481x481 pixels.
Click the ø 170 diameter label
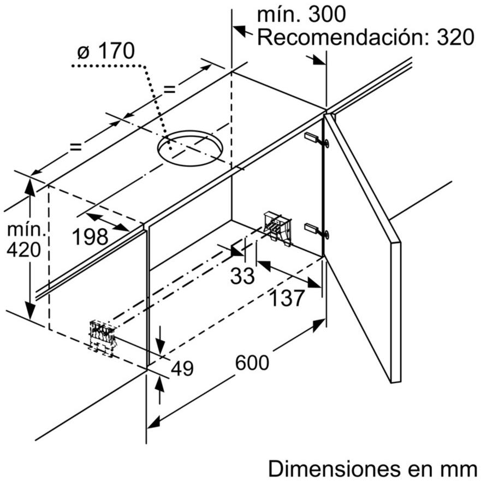click(105, 52)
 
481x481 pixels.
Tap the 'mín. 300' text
click(301, 15)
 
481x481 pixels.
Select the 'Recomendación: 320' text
click(365, 38)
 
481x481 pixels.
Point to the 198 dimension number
click(90, 237)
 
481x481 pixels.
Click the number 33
click(242, 276)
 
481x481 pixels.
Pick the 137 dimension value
click(287, 298)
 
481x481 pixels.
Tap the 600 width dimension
click(252, 362)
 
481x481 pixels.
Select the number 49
click(182, 369)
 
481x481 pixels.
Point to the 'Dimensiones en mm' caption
click(372, 468)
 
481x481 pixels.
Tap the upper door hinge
click(317, 140)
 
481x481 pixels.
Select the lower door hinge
click(317, 230)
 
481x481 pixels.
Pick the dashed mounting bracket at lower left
click(103, 336)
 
